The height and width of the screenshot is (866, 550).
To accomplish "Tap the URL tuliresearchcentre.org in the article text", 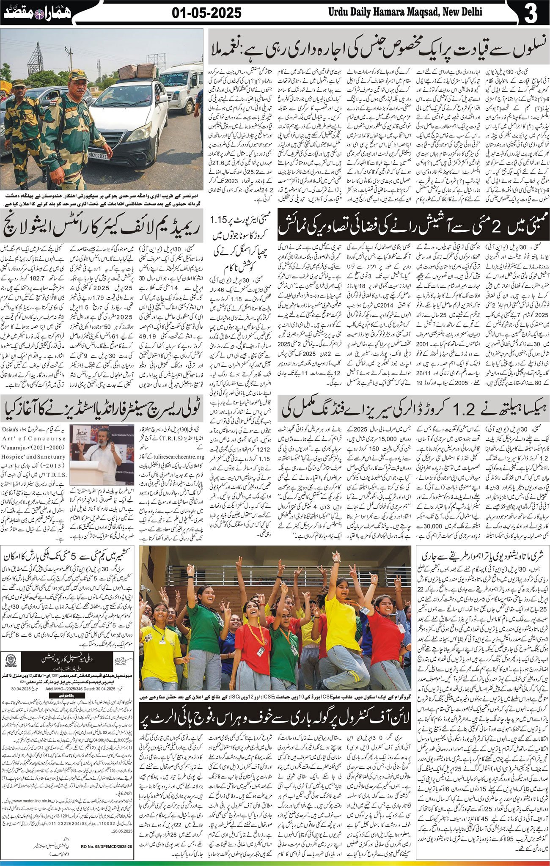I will tap(174, 456).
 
